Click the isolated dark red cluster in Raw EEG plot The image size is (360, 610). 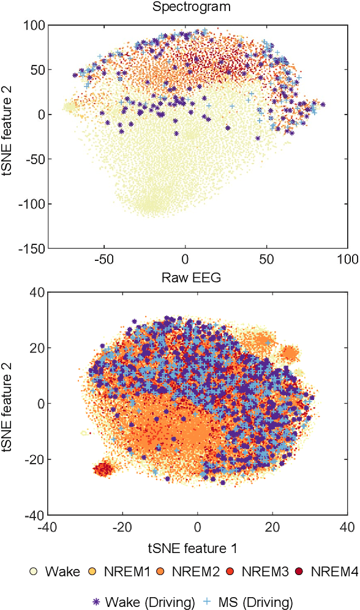pyautogui.click(x=103, y=470)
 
